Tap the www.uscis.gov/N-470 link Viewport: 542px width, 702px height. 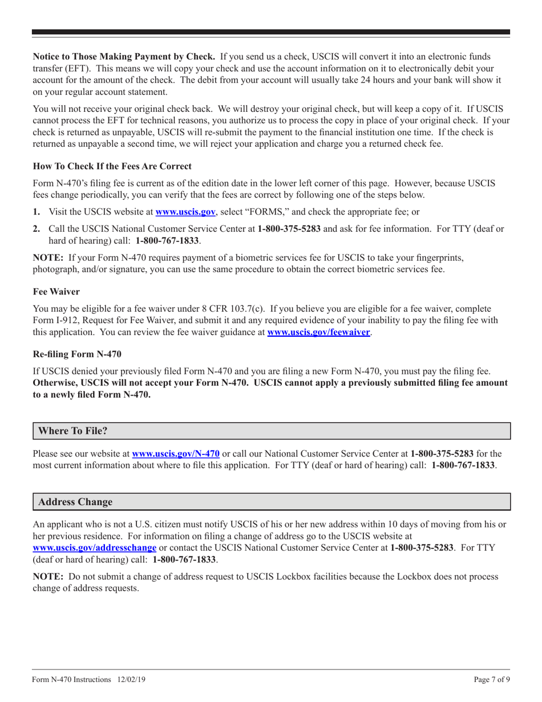(176, 454)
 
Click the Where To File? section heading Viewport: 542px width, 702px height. (72, 431)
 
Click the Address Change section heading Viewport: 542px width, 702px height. (75, 502)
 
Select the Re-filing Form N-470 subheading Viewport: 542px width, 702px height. (77, 354)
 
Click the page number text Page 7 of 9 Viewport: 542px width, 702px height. (491, 680)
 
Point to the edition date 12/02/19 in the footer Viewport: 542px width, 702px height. (134, 680)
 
